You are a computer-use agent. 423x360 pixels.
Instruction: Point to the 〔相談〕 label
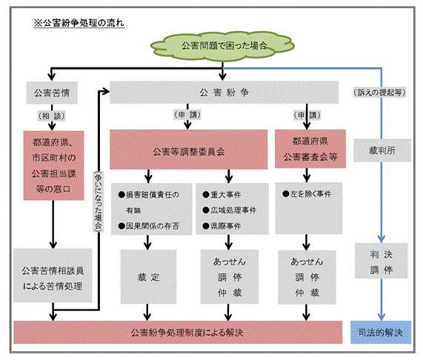[x=51, y=116]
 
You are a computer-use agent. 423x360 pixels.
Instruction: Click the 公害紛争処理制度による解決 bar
[x=176, y=333]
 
